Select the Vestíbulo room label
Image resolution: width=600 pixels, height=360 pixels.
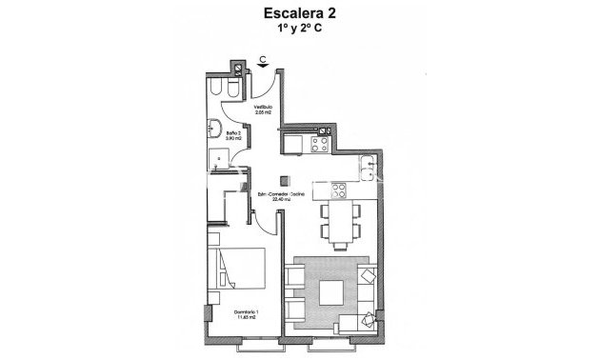click(x=263, y=108)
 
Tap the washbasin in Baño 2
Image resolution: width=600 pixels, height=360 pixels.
click(x=215, y=130)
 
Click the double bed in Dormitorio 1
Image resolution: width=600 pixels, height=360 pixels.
click(x=240, y=268)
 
